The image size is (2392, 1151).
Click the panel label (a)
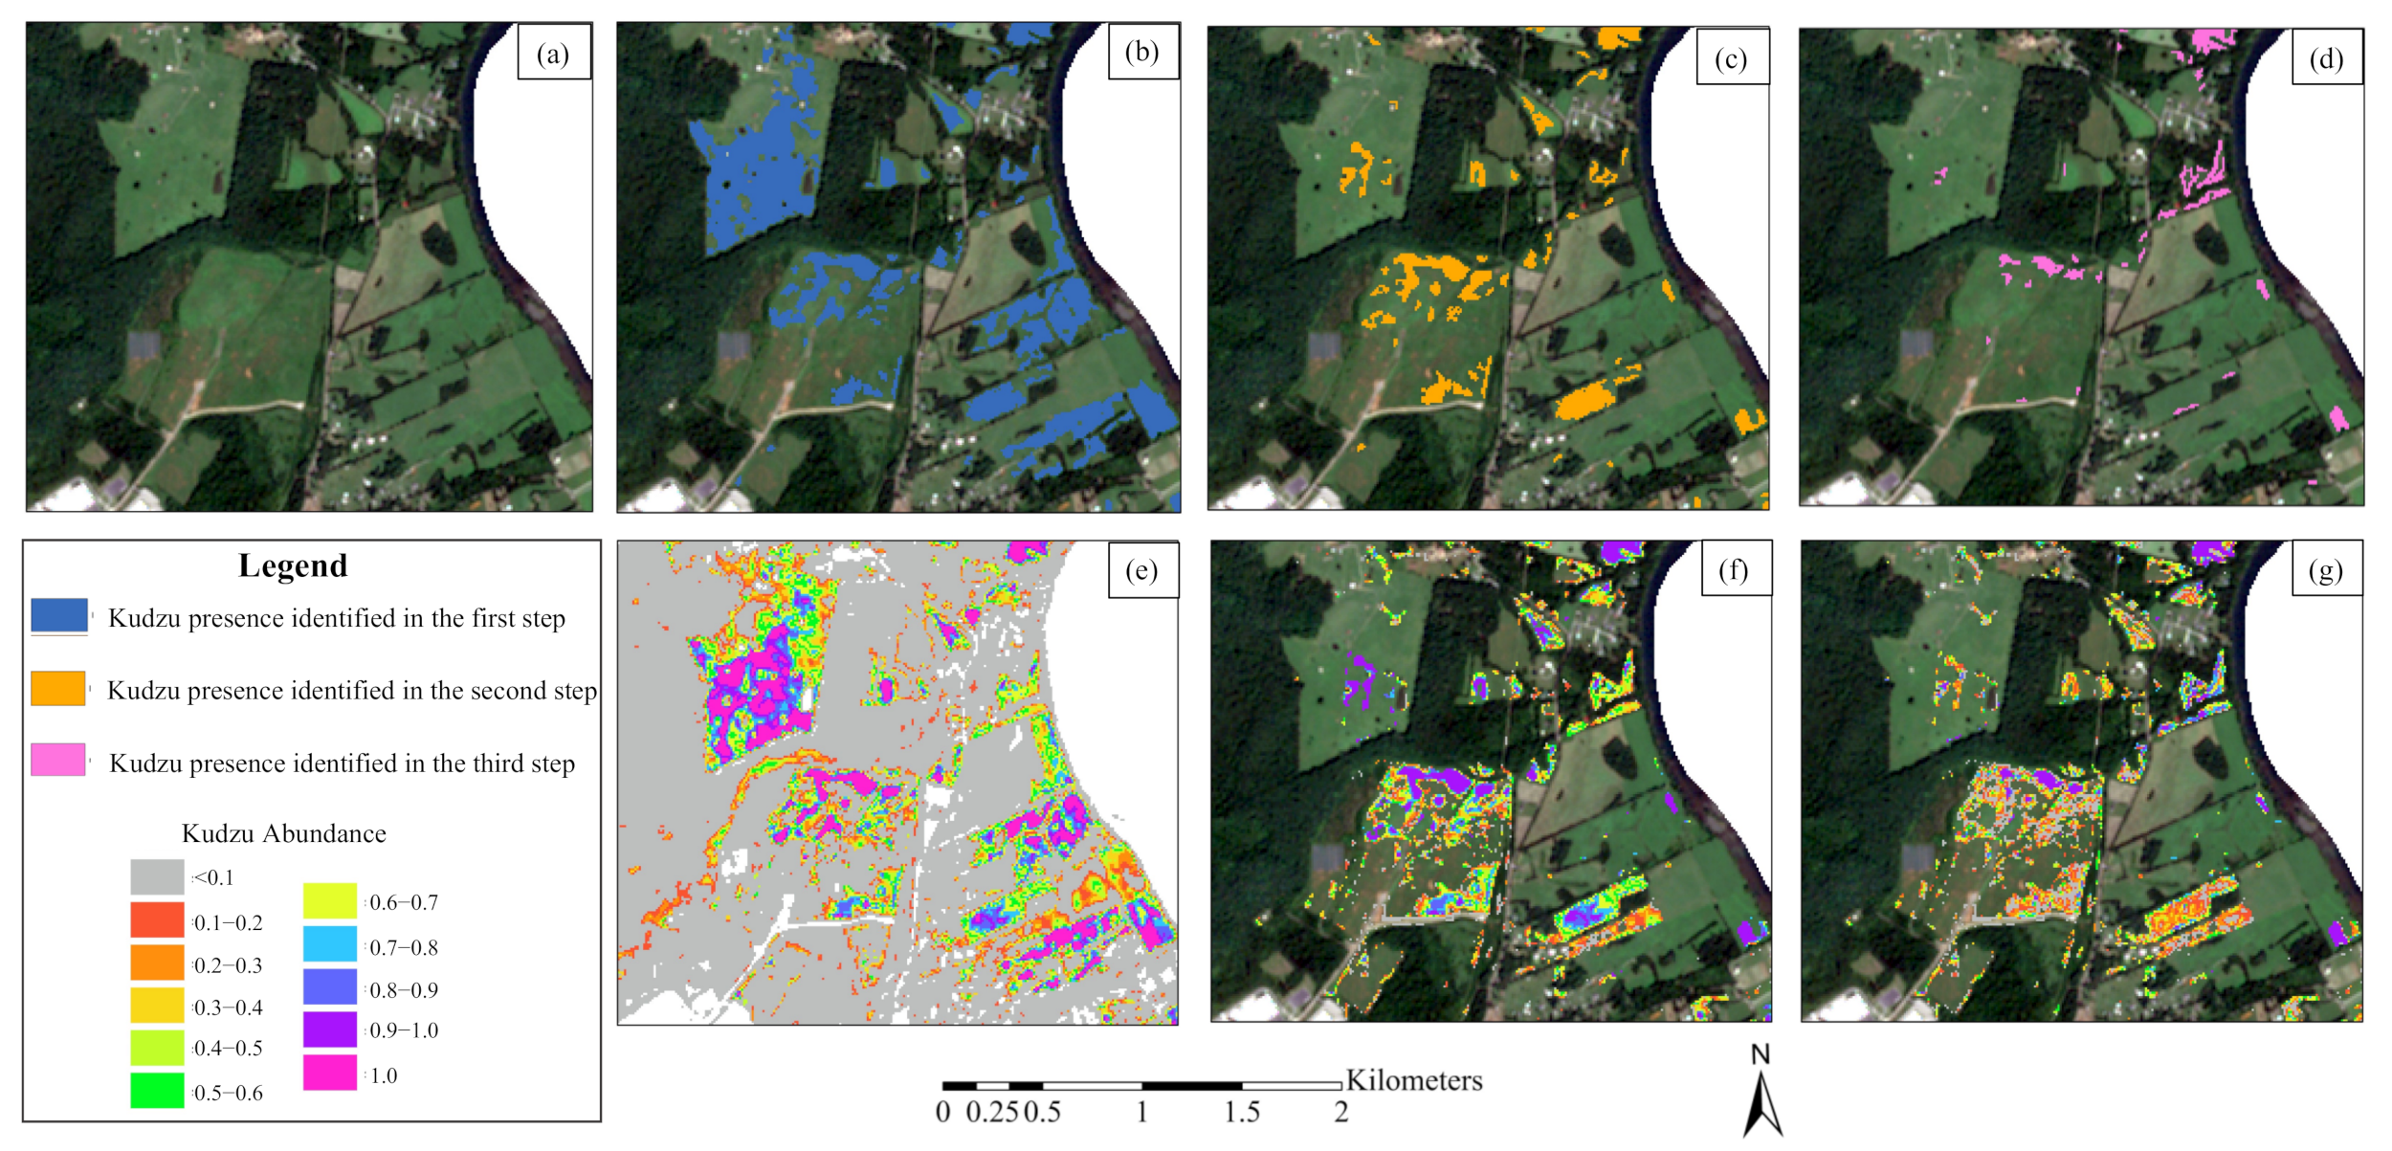tap(553, 55)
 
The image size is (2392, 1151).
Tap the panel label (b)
tap(1142, 52)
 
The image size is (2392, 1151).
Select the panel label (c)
tap(1731, 59)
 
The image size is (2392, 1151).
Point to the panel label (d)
tap(2326, 59)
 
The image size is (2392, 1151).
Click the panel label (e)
tap(1141, 571)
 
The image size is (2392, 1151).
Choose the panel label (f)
tap(1734, 571)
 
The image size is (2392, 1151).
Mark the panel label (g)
tap(2326, 571)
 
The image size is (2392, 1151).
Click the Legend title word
tap(293, 565)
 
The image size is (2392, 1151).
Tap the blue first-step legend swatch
tap(59, 616)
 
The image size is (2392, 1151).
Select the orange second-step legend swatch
tap(58, 688)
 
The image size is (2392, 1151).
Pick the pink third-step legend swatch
tap(58, 760)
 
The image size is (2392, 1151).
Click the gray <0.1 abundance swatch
tap(157, 876)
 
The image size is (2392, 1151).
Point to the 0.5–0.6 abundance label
tap(228, 1093)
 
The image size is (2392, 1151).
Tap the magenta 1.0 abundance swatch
tap(330, 1073)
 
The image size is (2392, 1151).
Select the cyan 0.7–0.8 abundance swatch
tap(330, 944)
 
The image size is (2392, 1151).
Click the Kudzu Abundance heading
tap(284, 833)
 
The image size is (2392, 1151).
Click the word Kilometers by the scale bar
tap(1413, 1080)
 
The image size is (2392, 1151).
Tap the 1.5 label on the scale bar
tap(1242, 1113)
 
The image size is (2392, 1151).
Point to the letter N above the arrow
tap(1761, 1054)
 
